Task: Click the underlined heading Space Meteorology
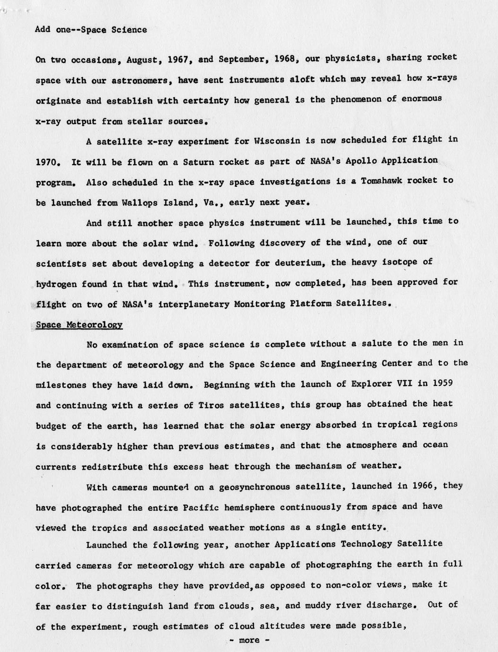click(79, 325)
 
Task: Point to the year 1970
click(48, 162)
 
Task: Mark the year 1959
click(443, 383)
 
